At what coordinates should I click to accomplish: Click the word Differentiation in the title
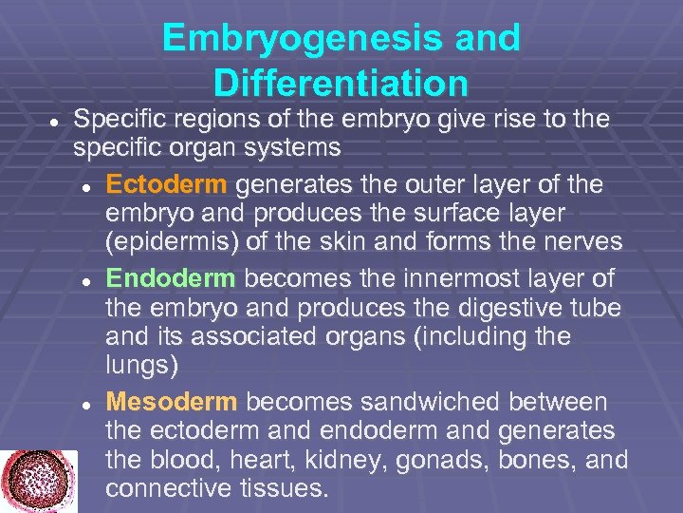click(341, 84)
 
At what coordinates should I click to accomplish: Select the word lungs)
click(142, 366)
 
